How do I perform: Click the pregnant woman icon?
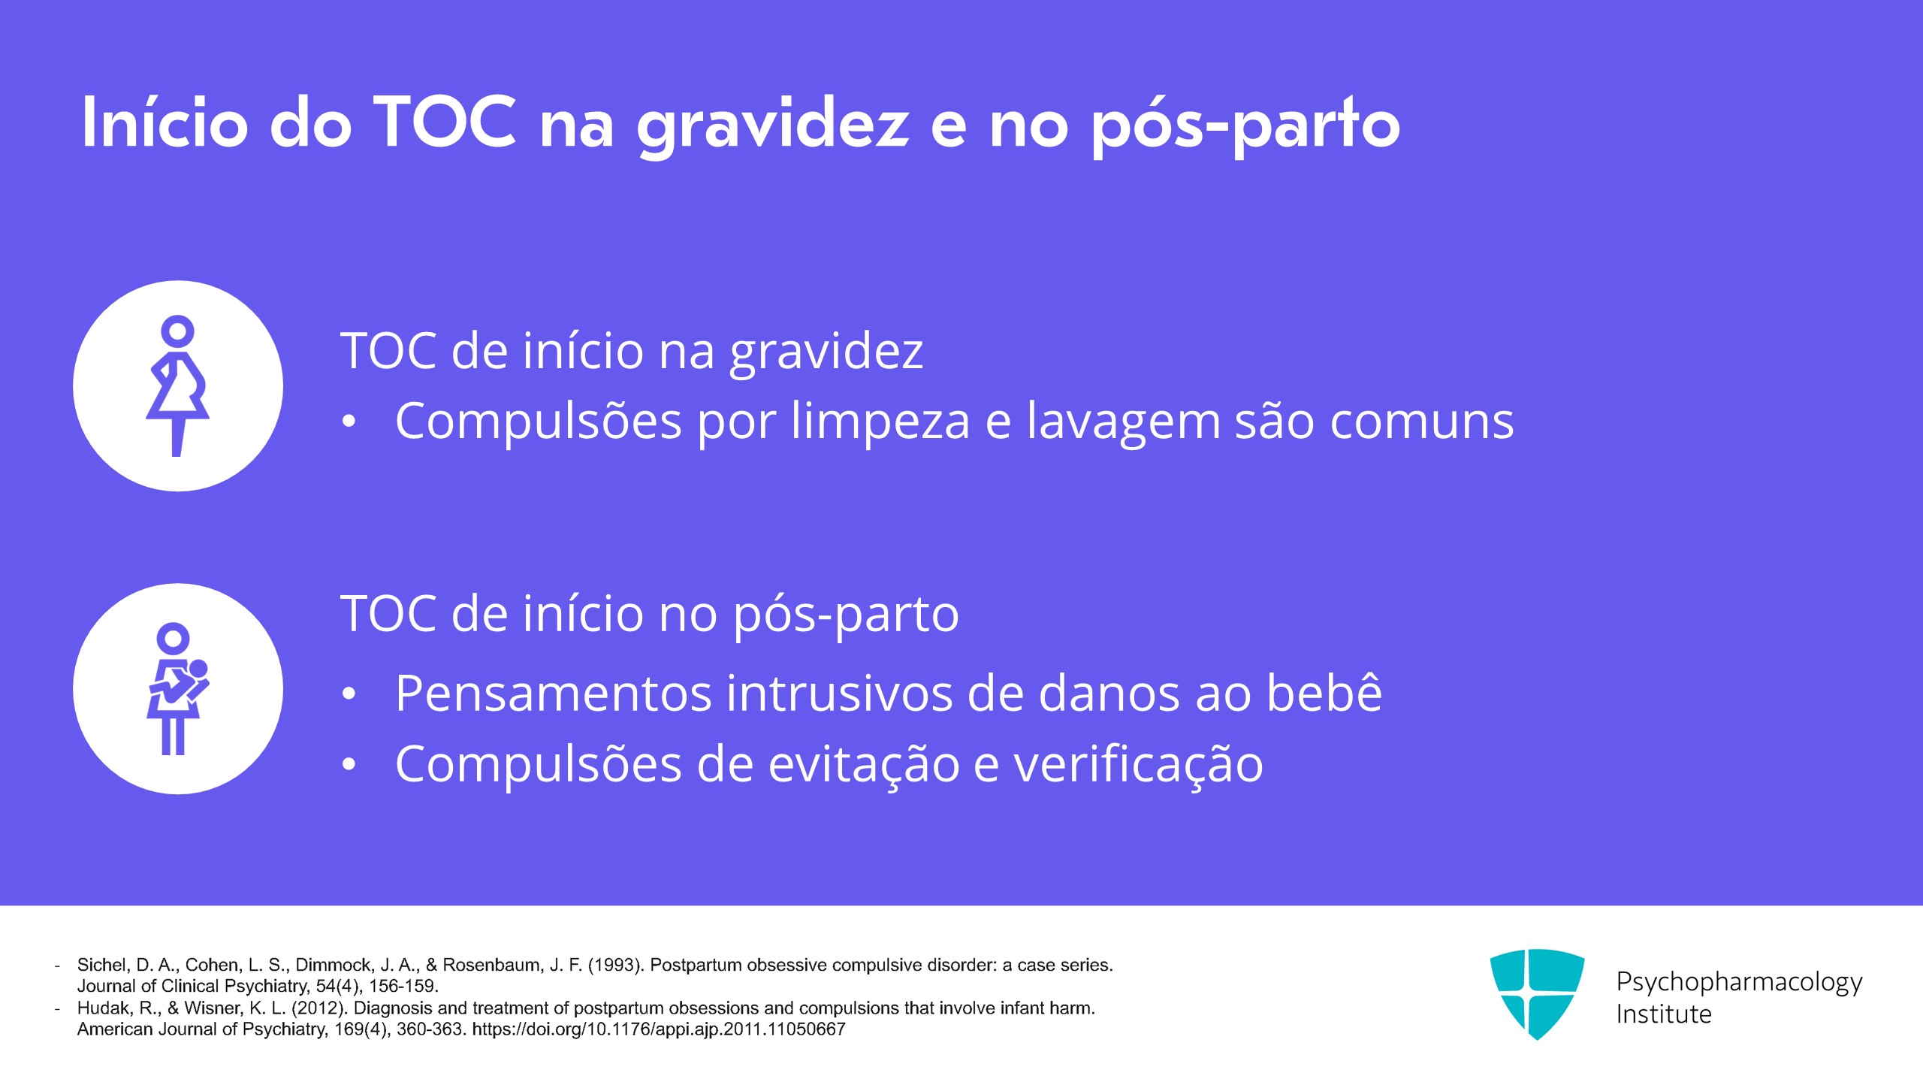[x=177, y=385]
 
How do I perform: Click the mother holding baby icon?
[x=178, y=688]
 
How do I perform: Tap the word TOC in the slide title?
[x=445, y=122]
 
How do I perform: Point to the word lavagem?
[x=1124, y=422]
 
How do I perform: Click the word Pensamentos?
[x=552, y=693]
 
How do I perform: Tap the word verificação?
[x=1139, y=764]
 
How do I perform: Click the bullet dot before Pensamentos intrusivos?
[x=349, y=694]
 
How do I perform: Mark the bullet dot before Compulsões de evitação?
[x=349, y=765]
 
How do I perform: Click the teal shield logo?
[x=1537, y=993]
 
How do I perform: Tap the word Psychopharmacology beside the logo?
[x=1739, y=982]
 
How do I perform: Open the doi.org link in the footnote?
[x=659, y=1029]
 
